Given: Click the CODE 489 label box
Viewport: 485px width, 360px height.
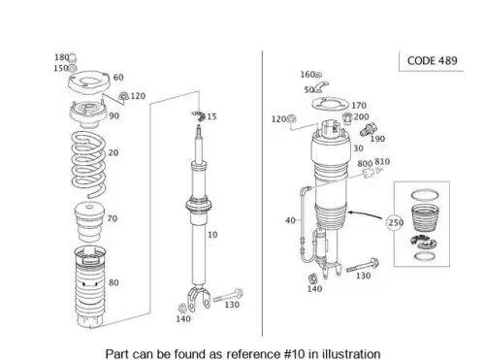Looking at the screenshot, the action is [432, 61].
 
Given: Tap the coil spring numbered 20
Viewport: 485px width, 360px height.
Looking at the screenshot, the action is [88, 164].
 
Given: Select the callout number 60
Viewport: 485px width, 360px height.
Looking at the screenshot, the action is [118, 78].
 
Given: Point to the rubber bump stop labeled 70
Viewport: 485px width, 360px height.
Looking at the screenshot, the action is [89, 222].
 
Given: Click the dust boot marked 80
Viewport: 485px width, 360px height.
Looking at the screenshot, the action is [90, 287].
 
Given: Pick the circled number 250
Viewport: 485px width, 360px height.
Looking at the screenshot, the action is [395, 222].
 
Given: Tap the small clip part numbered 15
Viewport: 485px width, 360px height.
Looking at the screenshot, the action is [199, 115].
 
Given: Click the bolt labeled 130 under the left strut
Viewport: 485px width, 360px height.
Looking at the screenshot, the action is [228, 295].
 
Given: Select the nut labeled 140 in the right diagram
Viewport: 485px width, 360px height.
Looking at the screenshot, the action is [313, 278].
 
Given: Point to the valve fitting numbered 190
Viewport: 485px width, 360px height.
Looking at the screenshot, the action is [369, 130].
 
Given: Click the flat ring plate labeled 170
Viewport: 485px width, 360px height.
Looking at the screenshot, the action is [330, 105].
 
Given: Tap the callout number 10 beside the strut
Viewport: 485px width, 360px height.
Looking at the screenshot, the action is [212, 235].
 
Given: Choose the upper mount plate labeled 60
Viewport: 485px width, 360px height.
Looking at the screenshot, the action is [89, 82].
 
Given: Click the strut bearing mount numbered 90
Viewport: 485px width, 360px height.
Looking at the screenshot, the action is [88, 115].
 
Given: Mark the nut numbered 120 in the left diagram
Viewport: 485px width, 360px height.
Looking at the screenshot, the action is [123, 96].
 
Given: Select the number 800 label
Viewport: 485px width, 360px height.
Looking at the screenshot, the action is [365, 164].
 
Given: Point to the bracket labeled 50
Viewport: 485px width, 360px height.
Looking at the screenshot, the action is [321, 87].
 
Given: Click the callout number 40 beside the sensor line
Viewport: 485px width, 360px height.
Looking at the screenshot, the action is [290, 220].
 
